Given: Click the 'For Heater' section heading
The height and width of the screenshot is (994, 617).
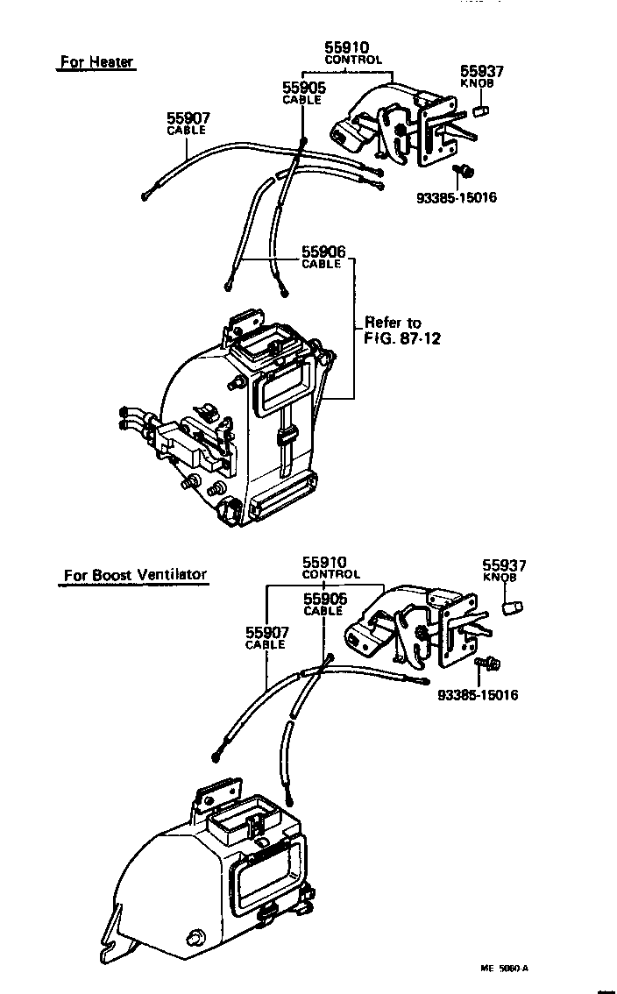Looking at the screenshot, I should pyautogui.click(x=96, y=62).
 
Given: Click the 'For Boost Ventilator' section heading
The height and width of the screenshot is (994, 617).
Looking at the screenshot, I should pyautogui.click(x=135, y=576).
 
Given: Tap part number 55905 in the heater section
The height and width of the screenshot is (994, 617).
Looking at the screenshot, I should pyautogui.click(x=303, y=88).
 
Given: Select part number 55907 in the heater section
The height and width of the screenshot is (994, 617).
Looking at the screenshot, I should pyautogui.click(x=189, y=118).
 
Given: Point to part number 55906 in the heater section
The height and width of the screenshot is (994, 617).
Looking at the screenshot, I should pyautogui.click(x=324, y=252).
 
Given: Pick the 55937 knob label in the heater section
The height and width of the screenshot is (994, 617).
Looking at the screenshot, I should pyautogui.click(x=482, y=72).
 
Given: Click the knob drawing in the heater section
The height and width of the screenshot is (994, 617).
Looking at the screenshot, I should pyautogui.click(x=480, y=111).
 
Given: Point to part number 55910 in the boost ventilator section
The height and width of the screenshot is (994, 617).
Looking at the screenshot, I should pyautogui.click(x=325, y=562).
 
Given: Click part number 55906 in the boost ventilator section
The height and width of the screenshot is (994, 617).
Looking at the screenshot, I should pyautogui.click(x=325, y=599).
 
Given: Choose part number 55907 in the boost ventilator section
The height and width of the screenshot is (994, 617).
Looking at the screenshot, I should pyautogui.click(x=266, y=632).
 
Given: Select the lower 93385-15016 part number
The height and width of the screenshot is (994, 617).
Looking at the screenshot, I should pyautogui.click(x=478, y=695).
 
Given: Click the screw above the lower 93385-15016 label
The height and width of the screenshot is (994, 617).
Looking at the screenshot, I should pyautogui.click(x=485, y=666).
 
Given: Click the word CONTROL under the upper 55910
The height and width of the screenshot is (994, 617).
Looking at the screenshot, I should pyautogui.click(x=353, y=60).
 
